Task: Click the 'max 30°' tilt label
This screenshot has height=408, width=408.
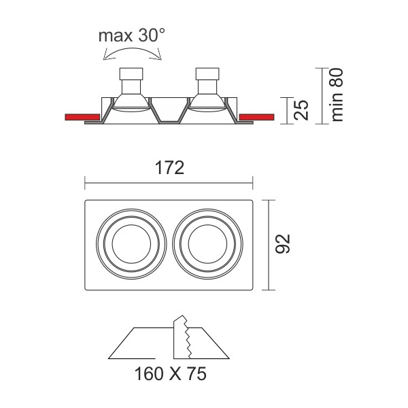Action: point(132,35)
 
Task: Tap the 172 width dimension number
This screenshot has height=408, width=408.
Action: point(169,167)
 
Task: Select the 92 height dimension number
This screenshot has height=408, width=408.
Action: point(283,244)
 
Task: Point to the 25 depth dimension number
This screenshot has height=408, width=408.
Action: point(301,110)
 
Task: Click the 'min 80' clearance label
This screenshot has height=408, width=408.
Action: point(337,95)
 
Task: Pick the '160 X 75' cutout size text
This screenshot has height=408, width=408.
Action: point(171,373)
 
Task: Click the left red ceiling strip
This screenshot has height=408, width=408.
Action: point(82,117)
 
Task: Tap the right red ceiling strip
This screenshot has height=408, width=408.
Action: point(256,117)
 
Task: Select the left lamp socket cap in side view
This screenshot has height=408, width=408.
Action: point(131,74)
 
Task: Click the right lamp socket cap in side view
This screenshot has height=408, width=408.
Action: point(207,74)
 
